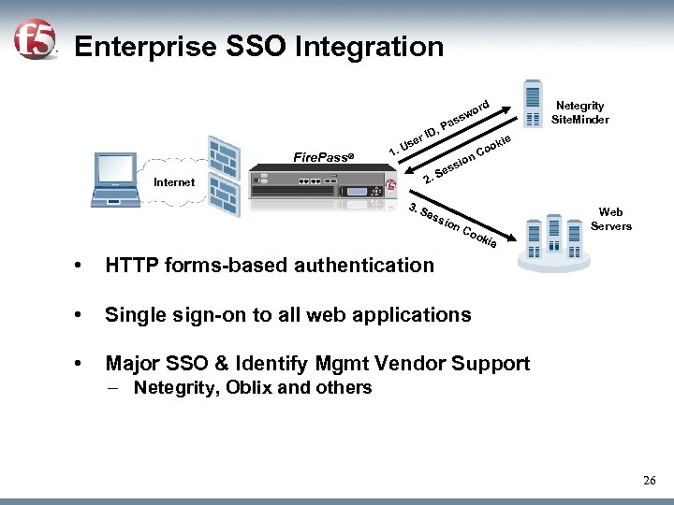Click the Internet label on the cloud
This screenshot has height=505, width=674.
point(174,182)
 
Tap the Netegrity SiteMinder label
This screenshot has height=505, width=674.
point(579,112)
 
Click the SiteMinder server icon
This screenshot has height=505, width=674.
point(533,103)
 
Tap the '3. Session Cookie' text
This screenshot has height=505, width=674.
point(453,224)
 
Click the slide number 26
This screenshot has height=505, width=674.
point(650,480)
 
